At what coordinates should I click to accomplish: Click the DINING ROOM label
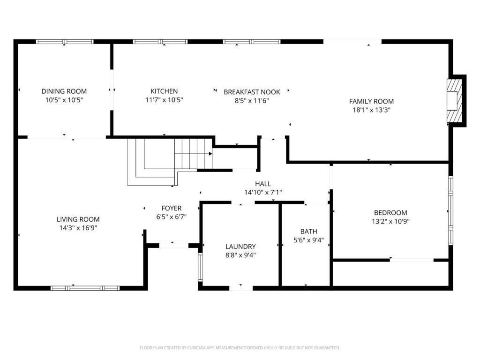point(64,91)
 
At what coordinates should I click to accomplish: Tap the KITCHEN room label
point(164,91)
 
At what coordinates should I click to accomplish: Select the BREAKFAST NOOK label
point(252,92)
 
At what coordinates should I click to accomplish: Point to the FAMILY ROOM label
point(371,101)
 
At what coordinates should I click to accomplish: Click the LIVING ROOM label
point(78,219)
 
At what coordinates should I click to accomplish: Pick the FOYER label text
point(172,208)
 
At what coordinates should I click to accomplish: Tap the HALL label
point(263,184)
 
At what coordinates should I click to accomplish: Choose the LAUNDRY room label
point(240,247)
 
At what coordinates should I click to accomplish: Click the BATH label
point(308,232)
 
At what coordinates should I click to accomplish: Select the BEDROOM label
point(390,213)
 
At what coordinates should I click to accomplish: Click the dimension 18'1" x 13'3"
point(371,110)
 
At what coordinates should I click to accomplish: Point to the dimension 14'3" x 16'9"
point(78,228)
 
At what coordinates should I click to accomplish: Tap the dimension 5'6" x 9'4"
point(308,240)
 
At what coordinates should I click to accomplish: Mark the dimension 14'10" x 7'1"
point(263,192)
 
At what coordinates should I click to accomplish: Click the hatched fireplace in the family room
point(454,101)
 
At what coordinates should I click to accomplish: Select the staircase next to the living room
point(170,162)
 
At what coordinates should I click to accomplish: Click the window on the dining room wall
point(65,42)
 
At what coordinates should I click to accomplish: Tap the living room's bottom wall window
point(85,288)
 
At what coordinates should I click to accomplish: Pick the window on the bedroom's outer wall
point(450,210)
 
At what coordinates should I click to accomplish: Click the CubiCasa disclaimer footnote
point(240,348)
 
